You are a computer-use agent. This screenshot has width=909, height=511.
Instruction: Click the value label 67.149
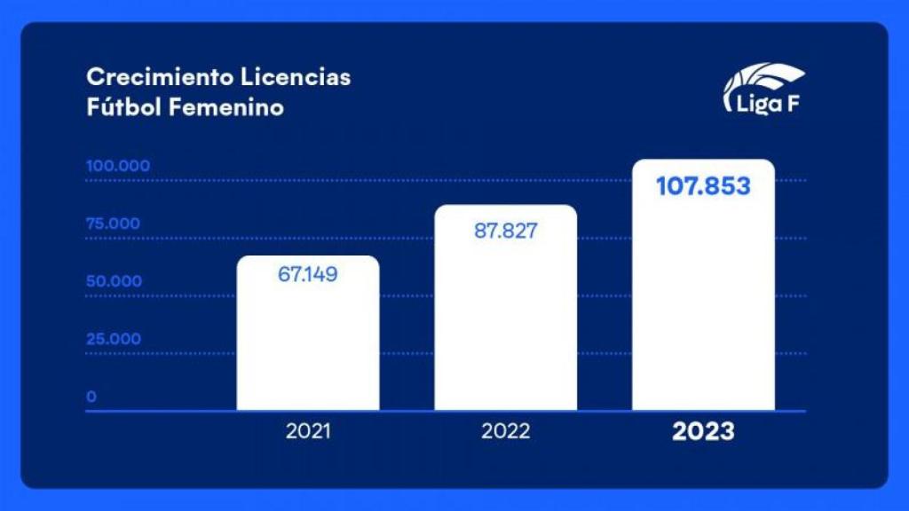pyautogui.click(x=308, y=274)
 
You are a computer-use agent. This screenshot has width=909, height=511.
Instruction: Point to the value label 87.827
pyautogui.click(x=506, y=232)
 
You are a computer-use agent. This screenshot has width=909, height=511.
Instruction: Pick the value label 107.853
pyautogui.click(x=703, y=186)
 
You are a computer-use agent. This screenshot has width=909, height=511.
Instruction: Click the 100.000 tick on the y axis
pyautogui.click(x=118, y=166)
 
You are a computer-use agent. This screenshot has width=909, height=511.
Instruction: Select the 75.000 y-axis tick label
pyautogui.click(x=113, y=224)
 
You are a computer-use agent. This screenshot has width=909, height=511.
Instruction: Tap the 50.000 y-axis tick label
pyautogui.click(x=114, y=281)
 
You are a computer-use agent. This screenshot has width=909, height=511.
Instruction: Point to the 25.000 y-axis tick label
pyautogui.click(x=113, y=339)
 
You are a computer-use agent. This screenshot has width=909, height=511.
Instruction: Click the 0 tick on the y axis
pyautogui.click(x=91, y=397)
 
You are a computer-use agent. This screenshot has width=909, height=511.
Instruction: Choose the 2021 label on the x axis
pyautogui.click(x=308, y=432)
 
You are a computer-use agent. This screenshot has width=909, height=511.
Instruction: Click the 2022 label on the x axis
pyautogui.click(x=505, y=432)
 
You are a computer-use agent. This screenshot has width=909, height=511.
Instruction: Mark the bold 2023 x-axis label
pyautogui.click(x=703, y=432)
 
